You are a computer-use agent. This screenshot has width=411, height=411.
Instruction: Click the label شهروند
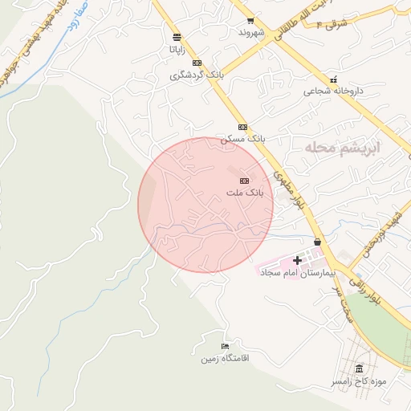click(x=251, y=34)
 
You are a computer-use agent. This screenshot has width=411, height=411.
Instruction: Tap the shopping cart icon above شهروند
click(x=251, y=21)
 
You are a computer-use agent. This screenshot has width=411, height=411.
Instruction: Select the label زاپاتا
click(x=177, y=49)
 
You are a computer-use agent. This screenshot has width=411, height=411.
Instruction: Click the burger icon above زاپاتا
click(x=177, y=37)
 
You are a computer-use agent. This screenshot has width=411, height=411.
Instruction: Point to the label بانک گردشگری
click(x=195, y=75)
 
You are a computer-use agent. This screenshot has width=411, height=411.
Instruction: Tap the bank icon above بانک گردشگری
click(x=197, y=63)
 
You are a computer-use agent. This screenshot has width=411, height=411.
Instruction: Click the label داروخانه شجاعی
click(x=333, y=92)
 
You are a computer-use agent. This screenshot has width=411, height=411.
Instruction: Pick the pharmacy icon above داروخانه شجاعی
click(x=333, y=79)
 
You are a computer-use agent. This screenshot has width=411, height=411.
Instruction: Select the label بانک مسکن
click(x=242, y=139)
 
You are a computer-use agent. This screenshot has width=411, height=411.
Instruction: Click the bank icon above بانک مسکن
click(x=242, y=127)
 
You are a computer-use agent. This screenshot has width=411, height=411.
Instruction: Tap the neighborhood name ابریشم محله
click(x=342, y=149)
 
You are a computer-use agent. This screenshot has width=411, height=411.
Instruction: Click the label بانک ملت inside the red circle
click(x=244, y=193)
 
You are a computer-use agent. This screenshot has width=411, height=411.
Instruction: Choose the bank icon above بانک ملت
click(x=244, y=181)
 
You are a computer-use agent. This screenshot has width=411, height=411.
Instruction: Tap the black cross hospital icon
click(x=298, y=260)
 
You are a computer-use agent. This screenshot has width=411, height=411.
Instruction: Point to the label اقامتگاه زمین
click(x=226, y=358)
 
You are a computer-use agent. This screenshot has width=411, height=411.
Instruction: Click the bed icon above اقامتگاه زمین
click(x=226, y=346)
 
